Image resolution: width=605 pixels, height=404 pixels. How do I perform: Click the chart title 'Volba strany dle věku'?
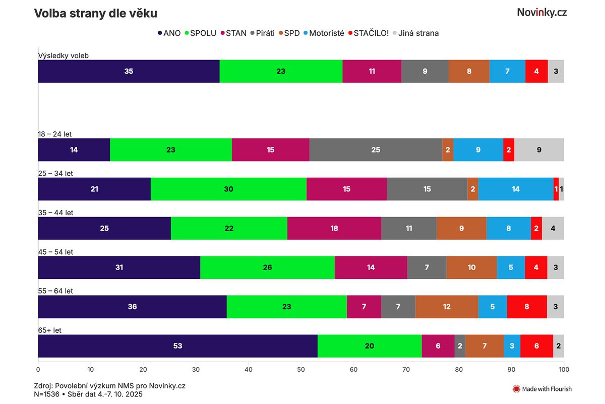[95, 14]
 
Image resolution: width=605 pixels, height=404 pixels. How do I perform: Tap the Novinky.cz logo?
[541, 13]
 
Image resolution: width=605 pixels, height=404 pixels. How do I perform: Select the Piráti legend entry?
[263, 33]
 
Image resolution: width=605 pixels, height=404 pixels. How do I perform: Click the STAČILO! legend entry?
[368, 33]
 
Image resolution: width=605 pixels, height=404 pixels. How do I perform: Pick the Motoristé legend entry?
[323, 33]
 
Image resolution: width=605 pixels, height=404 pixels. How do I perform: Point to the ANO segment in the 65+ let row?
[177, 346]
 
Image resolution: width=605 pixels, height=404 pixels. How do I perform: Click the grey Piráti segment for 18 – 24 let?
[376, 149]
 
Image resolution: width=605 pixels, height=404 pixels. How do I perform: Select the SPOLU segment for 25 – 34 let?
[228, 189]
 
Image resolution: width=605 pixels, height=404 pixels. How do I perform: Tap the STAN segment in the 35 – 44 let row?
[334, 228]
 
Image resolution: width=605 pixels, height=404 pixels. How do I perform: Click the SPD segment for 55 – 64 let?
[447, 307]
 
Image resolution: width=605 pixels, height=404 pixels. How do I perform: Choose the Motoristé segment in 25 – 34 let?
[515, 189]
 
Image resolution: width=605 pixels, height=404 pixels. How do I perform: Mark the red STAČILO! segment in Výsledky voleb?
[536, 71]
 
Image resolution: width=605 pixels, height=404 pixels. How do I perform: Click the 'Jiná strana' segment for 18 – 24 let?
[539, 149]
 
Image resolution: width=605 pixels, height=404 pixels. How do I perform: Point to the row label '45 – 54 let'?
[55, 252]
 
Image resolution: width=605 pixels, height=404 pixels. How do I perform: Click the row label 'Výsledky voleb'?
[64, 56]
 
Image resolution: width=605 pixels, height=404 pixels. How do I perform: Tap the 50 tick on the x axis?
[301, 369]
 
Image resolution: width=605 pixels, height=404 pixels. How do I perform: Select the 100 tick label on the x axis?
[564, 369]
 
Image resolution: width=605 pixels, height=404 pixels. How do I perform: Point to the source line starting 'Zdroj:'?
[110, 386]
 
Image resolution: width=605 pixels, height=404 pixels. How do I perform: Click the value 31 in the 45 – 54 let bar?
[119, 268]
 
